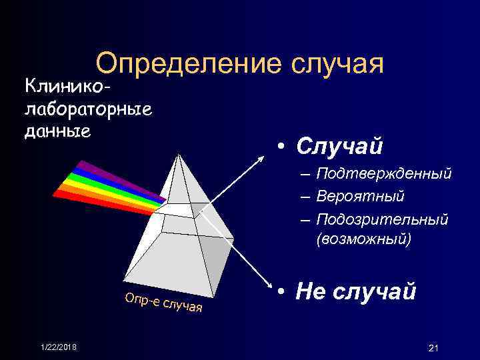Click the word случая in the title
(x=337, y=65)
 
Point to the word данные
(x=57, y=130)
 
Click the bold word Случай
(x=339, y=145)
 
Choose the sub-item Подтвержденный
(x=384, y=174)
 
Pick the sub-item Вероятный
(x=360, y=197)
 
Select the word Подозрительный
(x=383, y=219)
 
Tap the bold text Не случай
(x=357, y=291)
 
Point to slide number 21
(x=433, y=347)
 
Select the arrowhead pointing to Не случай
(x=267, y=290)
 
